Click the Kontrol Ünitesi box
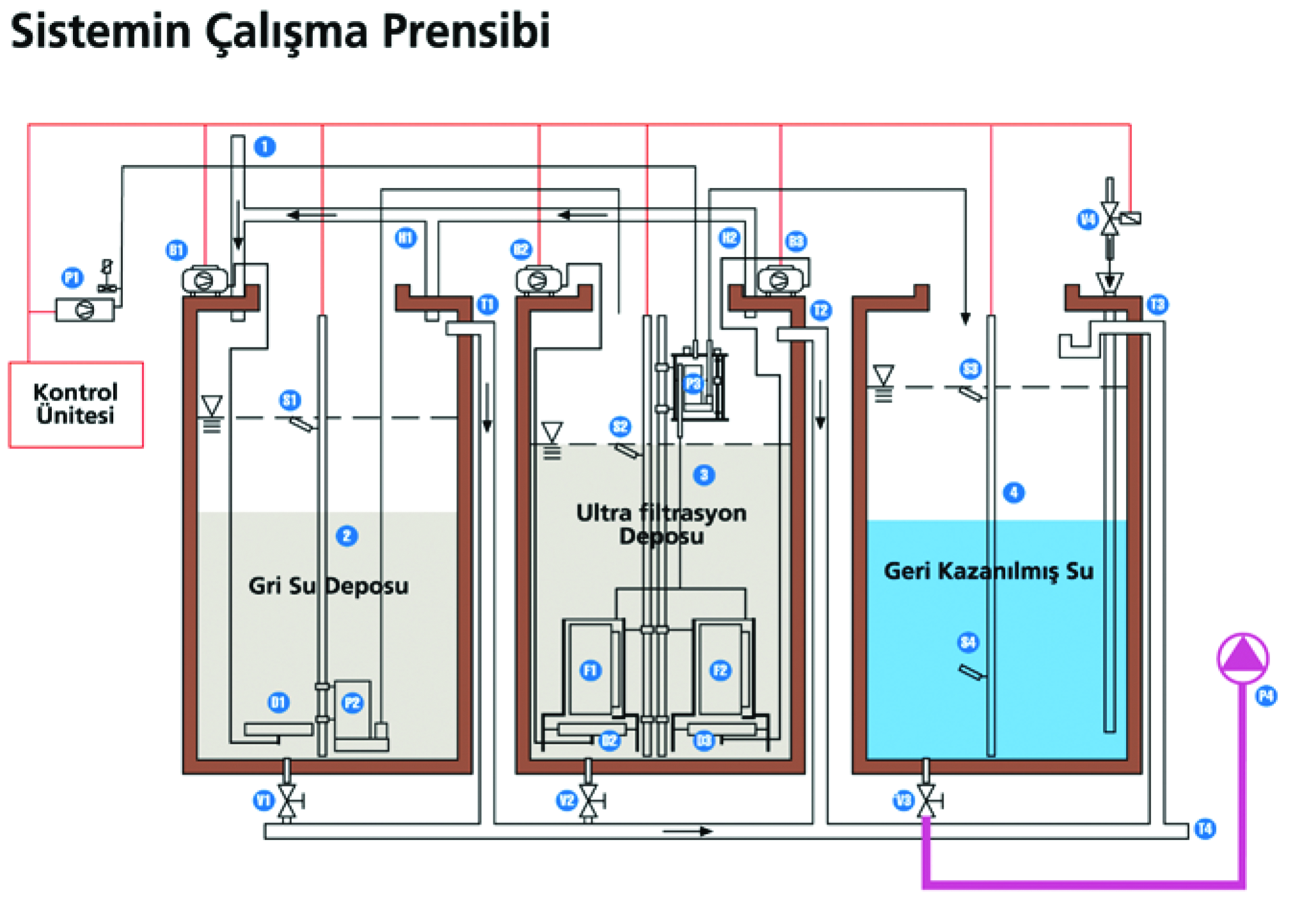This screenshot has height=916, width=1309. click(x=75, y=404)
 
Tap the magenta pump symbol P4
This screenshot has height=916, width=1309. click(x=1242, y=658)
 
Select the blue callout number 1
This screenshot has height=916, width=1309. click(x=265, y=146)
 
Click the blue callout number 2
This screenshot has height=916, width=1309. click(x=347, y=535)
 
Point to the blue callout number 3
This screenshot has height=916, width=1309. click(x=704, y=475)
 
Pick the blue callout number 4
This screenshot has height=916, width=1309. click(x=1013, y=493)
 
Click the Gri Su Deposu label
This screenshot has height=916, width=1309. click(x=328, y=586)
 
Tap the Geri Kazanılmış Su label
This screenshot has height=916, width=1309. click(x=988, y=571)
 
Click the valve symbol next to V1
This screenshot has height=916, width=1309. click(x=287, y=800)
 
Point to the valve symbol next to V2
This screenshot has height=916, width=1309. click(x=589, y=800)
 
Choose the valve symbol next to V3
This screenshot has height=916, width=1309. click(x=926, y=800)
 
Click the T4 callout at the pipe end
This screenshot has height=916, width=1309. click(x=1205, y=829)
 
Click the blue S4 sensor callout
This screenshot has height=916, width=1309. click(x=968, y=642)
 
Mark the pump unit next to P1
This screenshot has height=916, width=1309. click(x=84, y=310)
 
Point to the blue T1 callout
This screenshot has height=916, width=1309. click(x=488, y=304)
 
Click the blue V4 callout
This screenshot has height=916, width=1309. click(x=1087, y=220)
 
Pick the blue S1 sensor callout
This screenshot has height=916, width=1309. click(x=290, y=400)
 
